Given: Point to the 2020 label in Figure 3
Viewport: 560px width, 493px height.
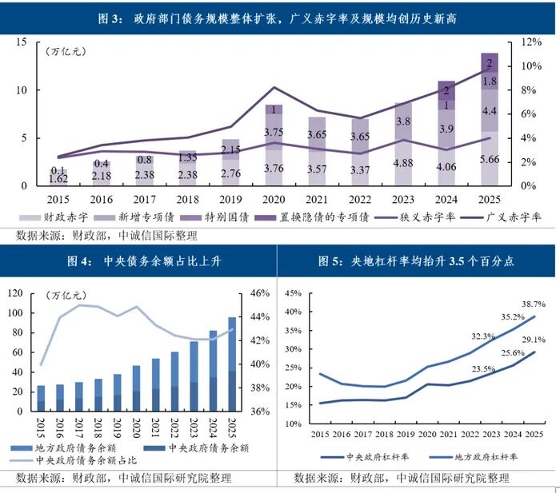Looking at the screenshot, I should pos(274,199).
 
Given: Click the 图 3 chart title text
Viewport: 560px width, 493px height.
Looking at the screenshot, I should pos(280,17).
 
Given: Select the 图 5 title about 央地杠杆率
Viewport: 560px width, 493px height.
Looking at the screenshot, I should pos(416,260).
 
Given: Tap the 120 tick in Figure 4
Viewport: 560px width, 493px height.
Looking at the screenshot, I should pos(14,293).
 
